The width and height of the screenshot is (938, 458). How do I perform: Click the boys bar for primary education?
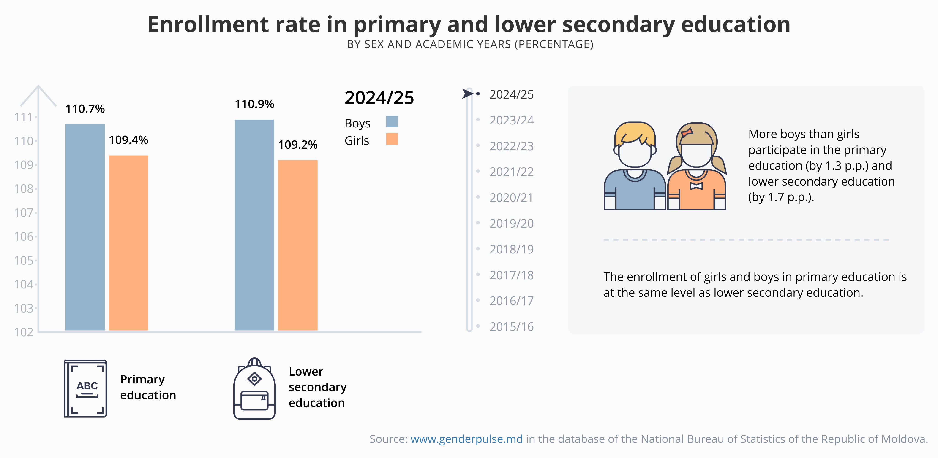coord(85,227)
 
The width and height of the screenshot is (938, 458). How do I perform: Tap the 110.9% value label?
coord(254,104)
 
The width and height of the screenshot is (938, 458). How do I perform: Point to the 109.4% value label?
coord(128,140)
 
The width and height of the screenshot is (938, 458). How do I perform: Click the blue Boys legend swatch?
coord(392,121)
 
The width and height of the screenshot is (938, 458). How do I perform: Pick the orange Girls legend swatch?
coord(392,139)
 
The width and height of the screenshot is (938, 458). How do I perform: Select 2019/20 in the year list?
coord(511,223)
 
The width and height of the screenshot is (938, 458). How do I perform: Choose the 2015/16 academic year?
coord(511,327)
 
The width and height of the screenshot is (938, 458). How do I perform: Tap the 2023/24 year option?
coord(511,120)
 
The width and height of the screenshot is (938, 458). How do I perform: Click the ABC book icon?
coord(86,388)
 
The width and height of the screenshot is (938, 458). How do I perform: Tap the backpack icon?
coord(254,389)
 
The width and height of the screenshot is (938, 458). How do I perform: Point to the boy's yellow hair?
coord(634,132)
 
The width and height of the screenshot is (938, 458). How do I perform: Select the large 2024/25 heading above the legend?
coord(379,98)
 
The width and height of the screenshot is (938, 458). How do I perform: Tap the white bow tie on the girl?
coord(696,186)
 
